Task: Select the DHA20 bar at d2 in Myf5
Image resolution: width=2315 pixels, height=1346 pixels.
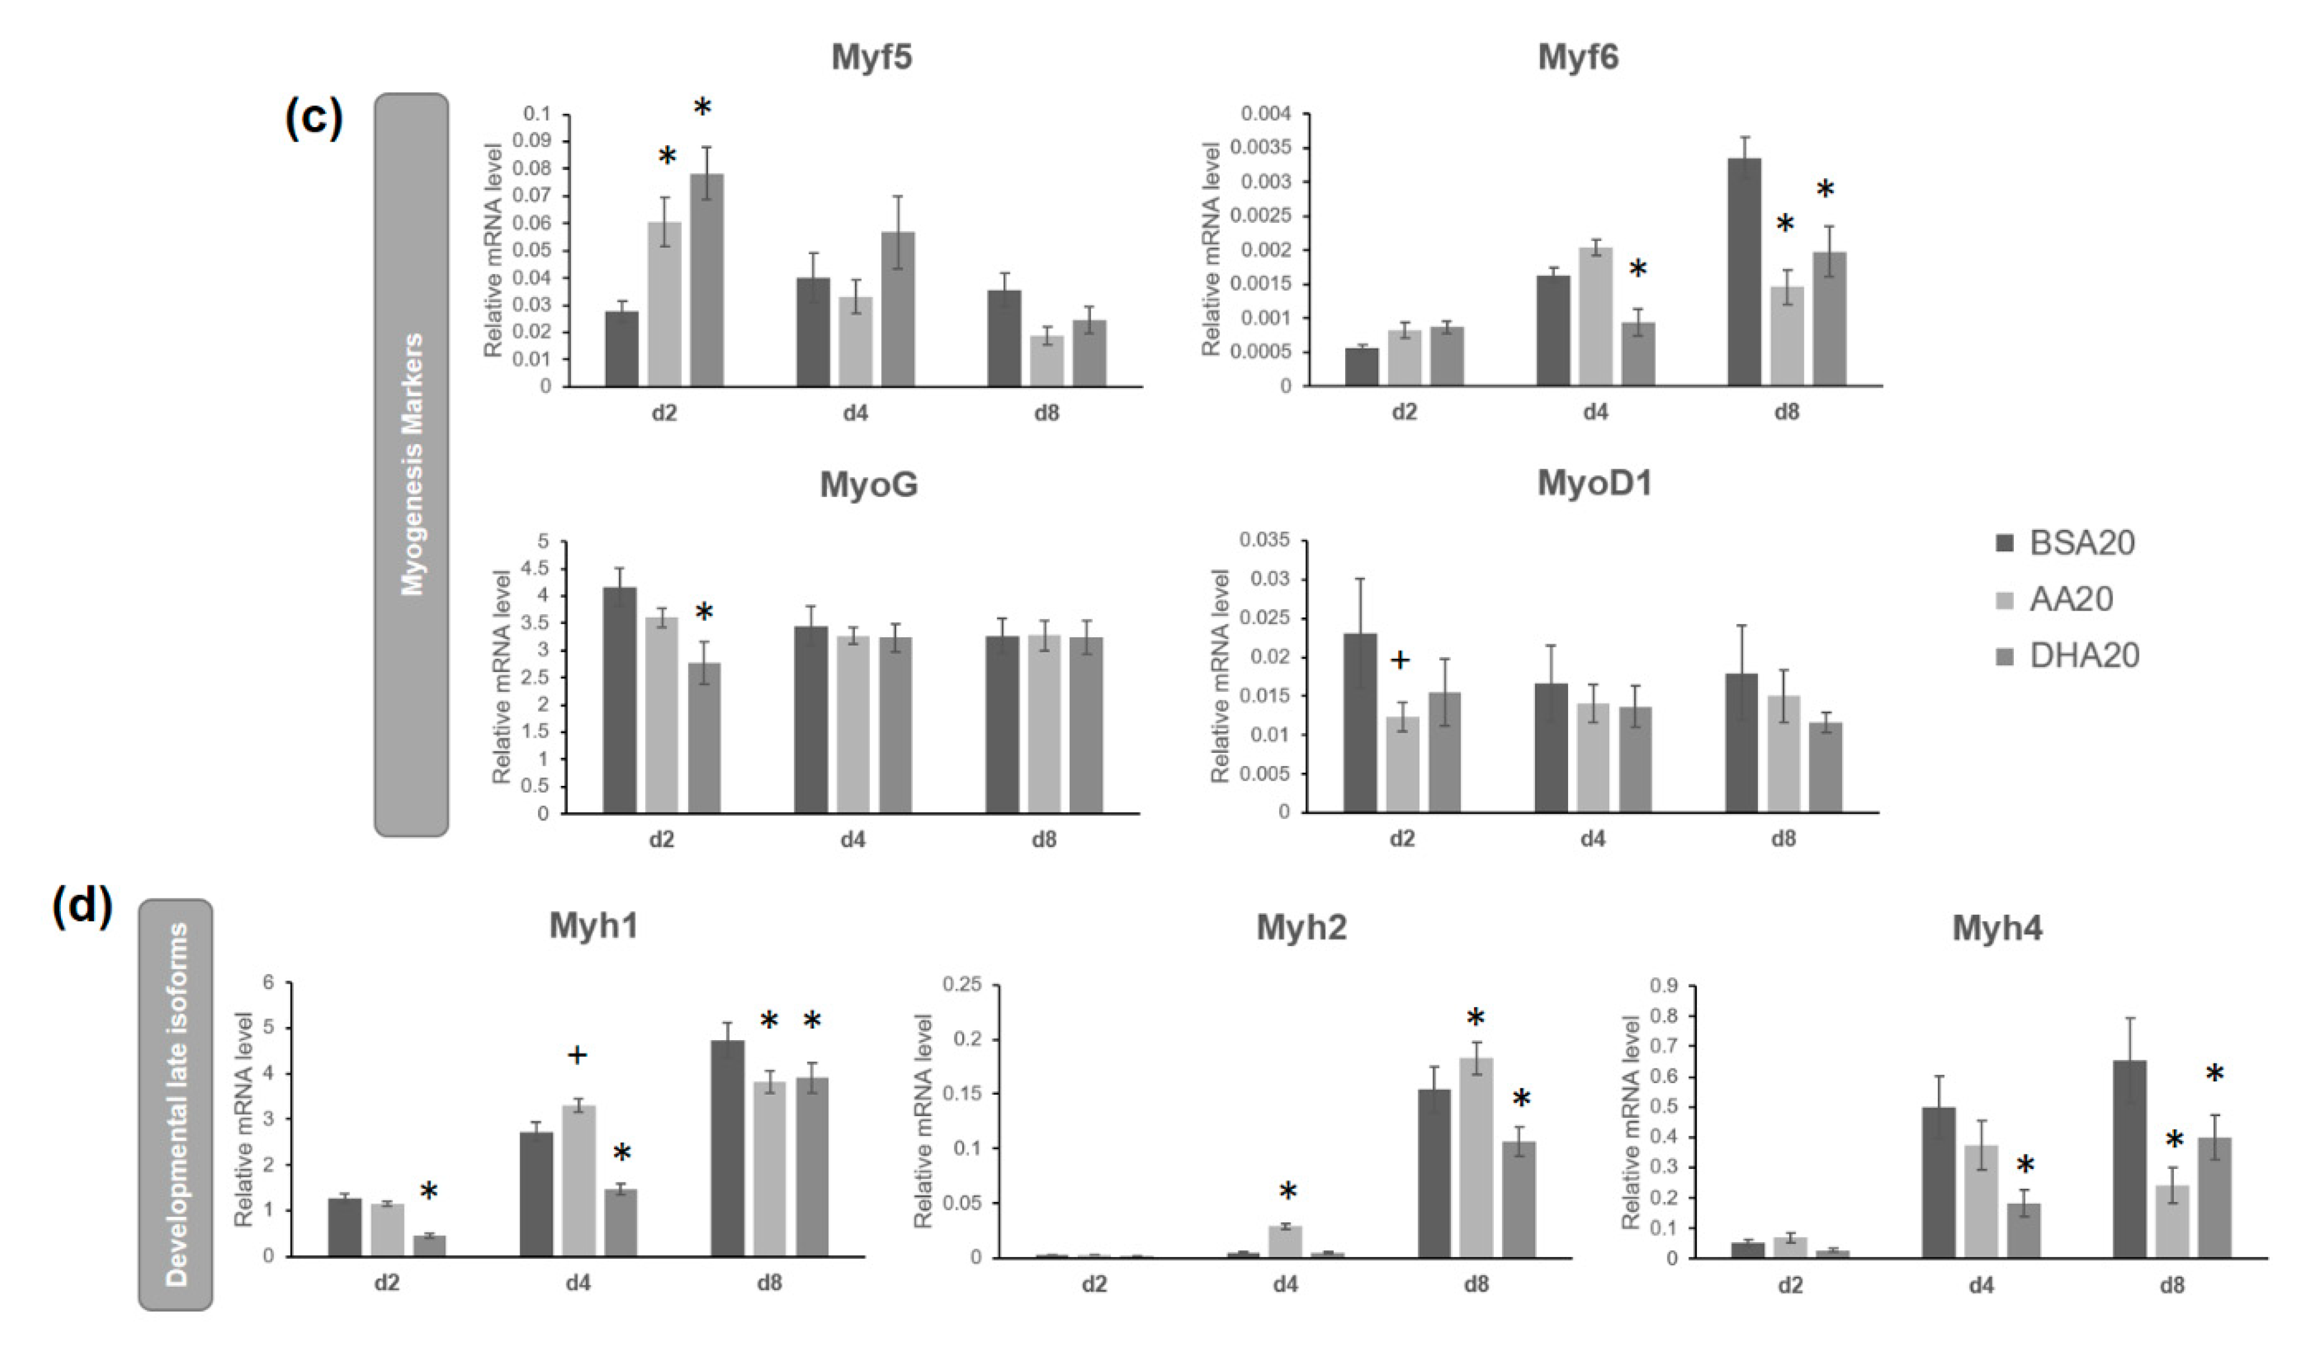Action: click(706, 280)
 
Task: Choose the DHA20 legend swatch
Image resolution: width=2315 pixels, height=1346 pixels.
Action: click(2006, 656)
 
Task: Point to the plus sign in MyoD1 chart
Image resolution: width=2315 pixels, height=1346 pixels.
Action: click(1399, 660)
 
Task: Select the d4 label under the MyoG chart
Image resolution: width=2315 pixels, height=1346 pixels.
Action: click(853, 840)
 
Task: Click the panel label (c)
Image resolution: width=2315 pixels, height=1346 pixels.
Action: click(313, 118)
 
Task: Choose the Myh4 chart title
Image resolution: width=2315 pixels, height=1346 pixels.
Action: click(1996, 928)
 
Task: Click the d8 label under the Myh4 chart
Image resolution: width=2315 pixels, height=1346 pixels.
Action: click(2172, 1284)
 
